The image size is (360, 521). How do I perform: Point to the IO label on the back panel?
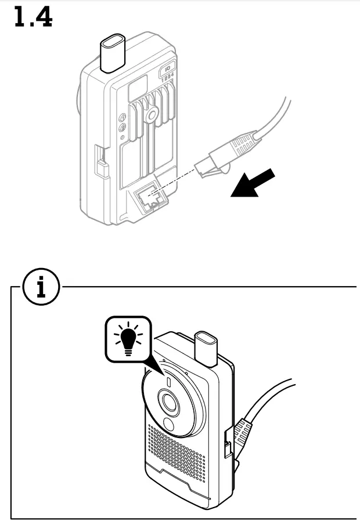[x=168, y=68]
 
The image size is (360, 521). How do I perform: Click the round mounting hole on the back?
[x=152, y=115]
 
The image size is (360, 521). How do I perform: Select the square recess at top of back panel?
[x=137, y=89]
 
